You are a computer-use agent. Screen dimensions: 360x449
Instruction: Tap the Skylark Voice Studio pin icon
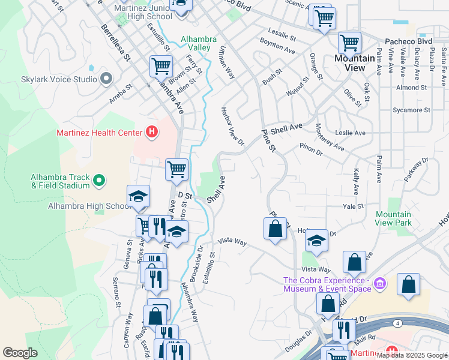[x=107, y=79]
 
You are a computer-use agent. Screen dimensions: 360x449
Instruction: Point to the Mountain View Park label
[x=394, y=218]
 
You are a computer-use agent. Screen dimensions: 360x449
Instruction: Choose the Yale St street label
[x=353, y=206]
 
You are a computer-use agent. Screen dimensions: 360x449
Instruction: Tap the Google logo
[x=20, y=353]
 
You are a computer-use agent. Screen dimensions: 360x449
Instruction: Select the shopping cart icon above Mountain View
[x=349, y=43]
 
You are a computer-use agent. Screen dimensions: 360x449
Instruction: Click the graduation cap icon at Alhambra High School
[x=137, y=196]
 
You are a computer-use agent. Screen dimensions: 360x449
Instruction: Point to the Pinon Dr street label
[x=311, y=149]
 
